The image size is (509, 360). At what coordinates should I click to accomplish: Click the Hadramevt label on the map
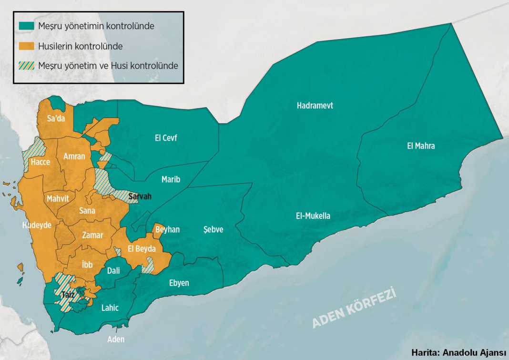click(315, 106)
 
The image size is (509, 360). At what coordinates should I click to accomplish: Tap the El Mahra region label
click(421, 146)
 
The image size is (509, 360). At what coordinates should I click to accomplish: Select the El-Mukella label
click(313, 216)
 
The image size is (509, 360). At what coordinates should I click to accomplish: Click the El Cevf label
click(166, 138)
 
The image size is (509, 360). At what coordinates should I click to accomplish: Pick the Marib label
click(171, 180)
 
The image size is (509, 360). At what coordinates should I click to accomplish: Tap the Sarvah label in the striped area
click(141, 196)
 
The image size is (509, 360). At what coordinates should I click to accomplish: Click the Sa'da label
click(56, 119)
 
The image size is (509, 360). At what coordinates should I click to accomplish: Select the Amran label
click(74, 156)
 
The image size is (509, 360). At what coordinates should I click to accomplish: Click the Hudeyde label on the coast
click(37, 225)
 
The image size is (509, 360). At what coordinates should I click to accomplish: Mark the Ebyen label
click(179, 283)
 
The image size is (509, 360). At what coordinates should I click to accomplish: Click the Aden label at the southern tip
click(116, 339)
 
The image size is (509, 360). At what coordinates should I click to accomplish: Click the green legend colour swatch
click(27, 26)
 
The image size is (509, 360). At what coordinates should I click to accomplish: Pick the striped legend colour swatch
click(27, 65)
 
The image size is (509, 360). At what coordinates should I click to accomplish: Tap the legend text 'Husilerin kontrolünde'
click(81, 46)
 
